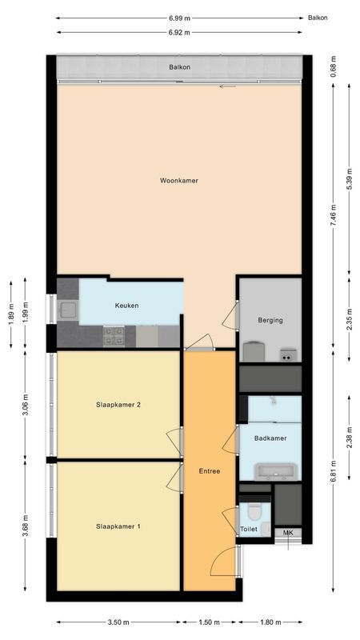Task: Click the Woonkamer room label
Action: [x=178, y=181]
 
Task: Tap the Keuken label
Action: [x=127, y=306]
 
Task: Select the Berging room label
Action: [x=270, y=320]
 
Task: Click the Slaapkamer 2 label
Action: [x=118, y=405]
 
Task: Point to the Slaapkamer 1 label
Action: [x=118, y=526]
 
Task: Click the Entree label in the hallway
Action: [x=210, y=471]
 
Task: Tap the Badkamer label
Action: [x=270, y=438]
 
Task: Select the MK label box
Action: [x=288, y=533]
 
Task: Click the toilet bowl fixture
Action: [x=255, y=508]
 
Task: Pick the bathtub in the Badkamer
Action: [x=275, y=471]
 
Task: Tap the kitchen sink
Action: [x=67, y=309]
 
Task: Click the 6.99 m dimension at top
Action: [x=179, y=17]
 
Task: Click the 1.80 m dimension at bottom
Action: [x=270, y=622]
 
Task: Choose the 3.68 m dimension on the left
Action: [x=26, y=529]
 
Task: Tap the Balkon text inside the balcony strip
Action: [x=178, y=66]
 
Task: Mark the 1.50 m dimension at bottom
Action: [x=210, y=622]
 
